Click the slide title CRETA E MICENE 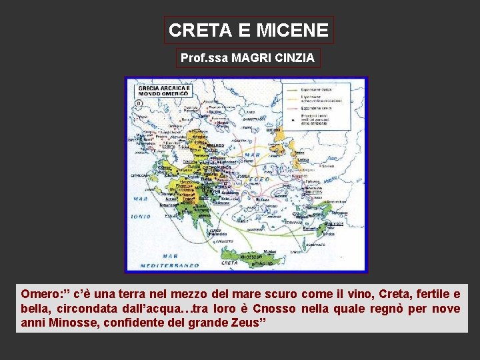[x=249, y=30]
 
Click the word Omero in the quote [x=38, y=294]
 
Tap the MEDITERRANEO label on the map [x=169, y=265]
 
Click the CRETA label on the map [x=229, y=263]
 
